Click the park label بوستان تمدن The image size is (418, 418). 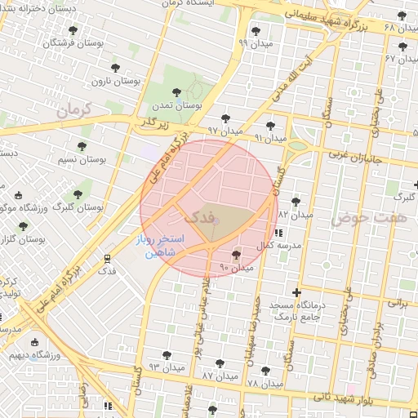coord(180,106)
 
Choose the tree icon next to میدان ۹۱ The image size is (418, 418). coord(270,125)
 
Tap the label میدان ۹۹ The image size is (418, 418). coord(255,42)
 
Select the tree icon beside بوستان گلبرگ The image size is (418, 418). coord(78,195)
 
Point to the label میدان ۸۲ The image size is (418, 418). coord(296,214)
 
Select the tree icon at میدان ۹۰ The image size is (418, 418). coord(237,256)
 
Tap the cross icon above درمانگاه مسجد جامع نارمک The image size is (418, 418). coord(296,293)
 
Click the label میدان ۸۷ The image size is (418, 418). coord(219,376)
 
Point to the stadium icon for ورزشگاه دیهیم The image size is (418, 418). coord(34,344)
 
